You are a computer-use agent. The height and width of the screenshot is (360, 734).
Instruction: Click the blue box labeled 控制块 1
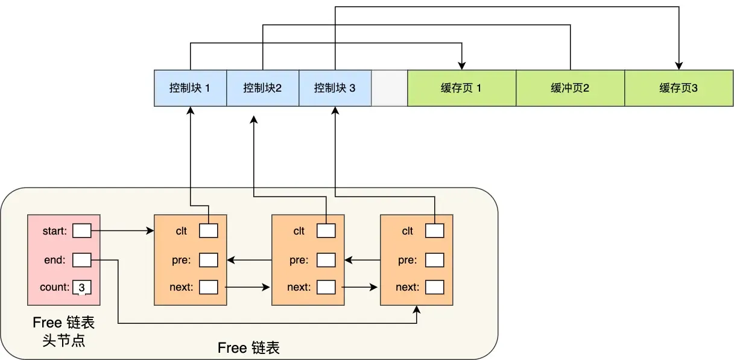[190, 88]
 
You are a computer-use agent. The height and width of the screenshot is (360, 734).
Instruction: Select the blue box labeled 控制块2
[262, 88]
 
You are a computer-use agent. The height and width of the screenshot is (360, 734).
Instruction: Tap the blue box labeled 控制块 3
[335, 88]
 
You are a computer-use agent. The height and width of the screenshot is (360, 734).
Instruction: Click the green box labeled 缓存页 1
[461, 88]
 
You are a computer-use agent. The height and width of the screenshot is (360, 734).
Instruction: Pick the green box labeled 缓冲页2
[570, 88]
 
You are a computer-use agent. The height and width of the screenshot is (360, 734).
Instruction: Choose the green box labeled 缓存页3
[679, 88]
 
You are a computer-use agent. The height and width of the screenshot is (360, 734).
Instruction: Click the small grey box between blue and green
[390, 88]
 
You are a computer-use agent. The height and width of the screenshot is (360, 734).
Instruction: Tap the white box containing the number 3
[81, 288]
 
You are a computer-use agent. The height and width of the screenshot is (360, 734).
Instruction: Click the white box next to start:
[81, 230]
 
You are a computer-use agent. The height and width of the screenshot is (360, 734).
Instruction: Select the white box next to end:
[81, 260]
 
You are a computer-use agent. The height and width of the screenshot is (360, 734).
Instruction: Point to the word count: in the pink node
[55, 287]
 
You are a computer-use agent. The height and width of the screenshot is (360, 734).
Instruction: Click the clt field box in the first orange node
[208, 230]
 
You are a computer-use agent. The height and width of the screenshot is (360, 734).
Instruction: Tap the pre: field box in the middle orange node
[326, 260]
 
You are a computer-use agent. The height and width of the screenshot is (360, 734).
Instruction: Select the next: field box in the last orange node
[435, 287]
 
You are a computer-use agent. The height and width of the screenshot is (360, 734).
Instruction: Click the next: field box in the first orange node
[208, 287]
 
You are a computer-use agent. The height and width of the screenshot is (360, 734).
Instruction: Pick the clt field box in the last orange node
[435, 230]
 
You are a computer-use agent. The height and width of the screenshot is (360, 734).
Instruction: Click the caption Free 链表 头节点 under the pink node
[63, 332]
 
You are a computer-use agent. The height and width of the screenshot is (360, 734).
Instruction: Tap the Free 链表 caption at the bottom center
[248, 348]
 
